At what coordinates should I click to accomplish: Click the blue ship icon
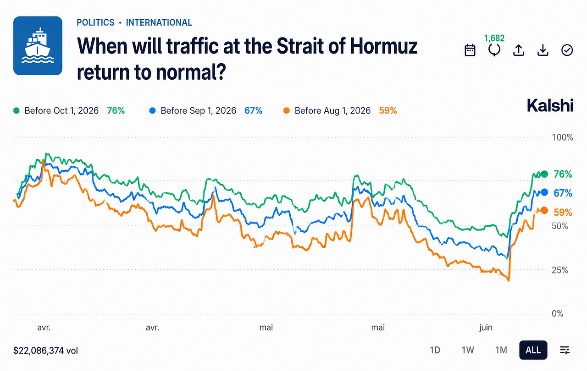pos(38,46)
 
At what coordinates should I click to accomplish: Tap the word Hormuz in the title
pos(384,46)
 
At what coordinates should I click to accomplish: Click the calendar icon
pos(470,50)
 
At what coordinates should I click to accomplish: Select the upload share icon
pos(519,50)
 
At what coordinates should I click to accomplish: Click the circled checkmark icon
pos(567,50)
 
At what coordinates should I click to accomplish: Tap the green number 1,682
pos(494,38)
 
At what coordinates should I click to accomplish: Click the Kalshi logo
pos(550,105)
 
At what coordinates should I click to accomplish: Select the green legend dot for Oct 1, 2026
pos(17,111)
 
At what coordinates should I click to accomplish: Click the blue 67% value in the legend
pos(254,111)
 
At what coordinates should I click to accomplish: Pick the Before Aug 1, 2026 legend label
pos(332,111)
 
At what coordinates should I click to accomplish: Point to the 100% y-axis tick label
pos(562,137)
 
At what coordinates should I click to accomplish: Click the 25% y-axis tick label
pos(560,270)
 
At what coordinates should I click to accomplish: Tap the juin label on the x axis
pos(486,327)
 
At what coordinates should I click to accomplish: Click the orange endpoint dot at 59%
pos(544,210)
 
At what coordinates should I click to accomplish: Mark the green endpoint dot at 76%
pos(544,174)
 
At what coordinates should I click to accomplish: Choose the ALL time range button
pos(533,350)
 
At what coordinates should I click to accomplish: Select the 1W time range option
pos(468,350)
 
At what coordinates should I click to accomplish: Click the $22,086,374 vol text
pos(45,350)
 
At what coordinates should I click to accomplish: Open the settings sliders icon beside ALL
pos(565,350)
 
